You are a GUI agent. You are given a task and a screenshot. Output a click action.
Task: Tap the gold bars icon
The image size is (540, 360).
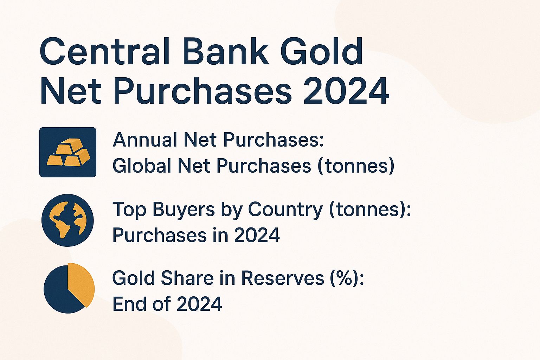68,152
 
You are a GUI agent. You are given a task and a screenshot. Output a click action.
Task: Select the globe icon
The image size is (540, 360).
67,220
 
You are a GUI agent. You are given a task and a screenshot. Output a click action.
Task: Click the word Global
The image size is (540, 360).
142,166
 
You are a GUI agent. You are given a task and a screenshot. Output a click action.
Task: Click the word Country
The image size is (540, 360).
285,210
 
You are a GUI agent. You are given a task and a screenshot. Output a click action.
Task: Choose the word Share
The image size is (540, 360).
187,278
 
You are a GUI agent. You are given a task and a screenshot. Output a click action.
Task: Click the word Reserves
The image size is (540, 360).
283,278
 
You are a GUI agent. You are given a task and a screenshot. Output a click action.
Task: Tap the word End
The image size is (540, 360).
130,304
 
